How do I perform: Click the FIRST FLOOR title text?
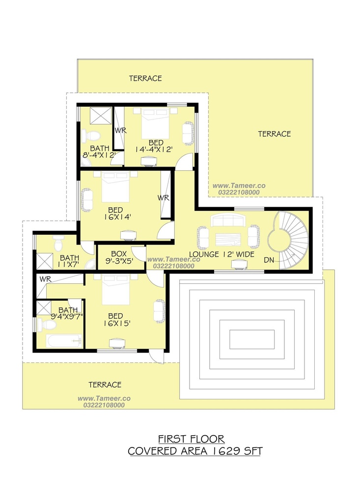tap(192, 439)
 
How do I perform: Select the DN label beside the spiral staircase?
tap(269, 260)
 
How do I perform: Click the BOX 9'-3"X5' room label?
tap(119, 257)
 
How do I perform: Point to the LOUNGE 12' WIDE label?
tap(222, 254)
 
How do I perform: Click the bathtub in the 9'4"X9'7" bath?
tap(64, 341)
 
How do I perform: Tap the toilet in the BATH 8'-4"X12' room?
tap(90, 136)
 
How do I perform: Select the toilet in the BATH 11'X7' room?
tap(58, 244)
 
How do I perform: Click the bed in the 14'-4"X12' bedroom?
tap(156, 122)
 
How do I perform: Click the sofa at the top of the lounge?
tap(228, 221)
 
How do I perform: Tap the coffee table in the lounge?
tap(228, 239)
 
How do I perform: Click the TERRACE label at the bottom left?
tap(105, 385)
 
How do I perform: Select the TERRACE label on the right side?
tap(275, 134)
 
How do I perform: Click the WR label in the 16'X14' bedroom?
tap(164, 198)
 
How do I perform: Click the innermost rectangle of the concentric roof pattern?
tap(252, 339)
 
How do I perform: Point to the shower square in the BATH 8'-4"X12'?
tap(100, 115)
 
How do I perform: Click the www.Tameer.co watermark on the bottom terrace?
tap(104, 398)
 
